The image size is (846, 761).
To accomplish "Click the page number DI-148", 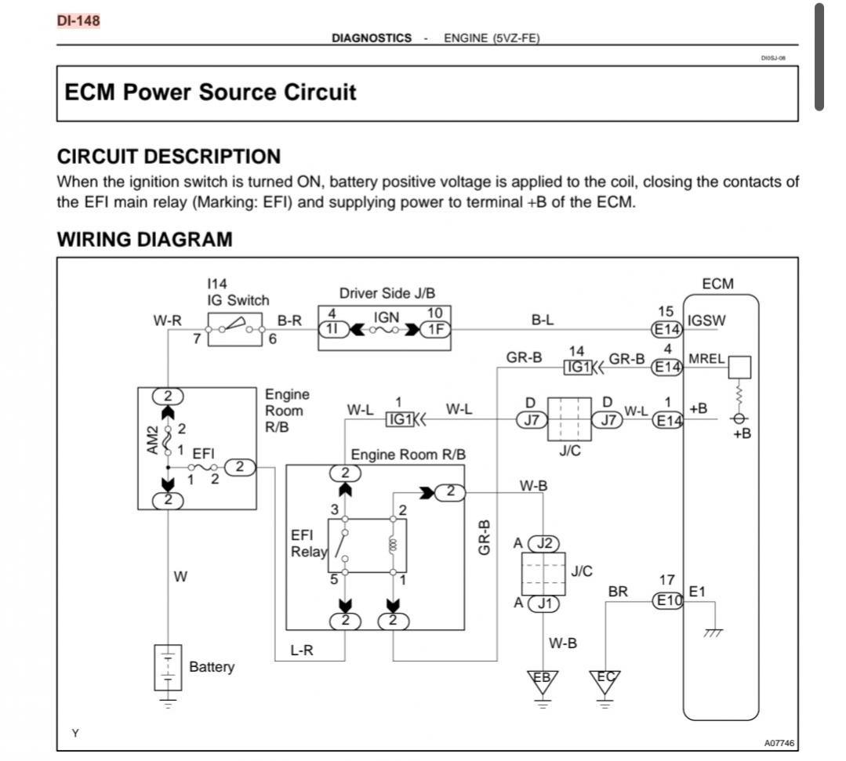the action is click(x=78, y=20).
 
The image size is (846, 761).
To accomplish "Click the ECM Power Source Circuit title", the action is click(x=210, y=92).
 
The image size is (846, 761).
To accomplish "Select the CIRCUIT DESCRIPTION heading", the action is click(x=169, y=157).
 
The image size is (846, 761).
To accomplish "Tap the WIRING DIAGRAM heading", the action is click(x=144, y=239).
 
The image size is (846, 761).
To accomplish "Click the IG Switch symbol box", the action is click(x=235, y=329).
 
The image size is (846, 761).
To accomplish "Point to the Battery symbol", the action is click(x=168, y=668).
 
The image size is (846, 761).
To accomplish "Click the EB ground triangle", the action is click(x=543, y=680).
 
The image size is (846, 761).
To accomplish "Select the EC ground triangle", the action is click(x=605, y=680).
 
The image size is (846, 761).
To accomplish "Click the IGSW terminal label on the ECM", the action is click(x=706, y=321).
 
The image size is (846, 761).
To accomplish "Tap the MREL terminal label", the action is click(x=706, y=359).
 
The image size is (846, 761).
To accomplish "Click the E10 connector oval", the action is click(x=668, y=600).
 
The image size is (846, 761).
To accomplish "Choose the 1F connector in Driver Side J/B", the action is click(x=435, y=329).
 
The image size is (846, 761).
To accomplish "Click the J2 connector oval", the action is click(x=543, y=543).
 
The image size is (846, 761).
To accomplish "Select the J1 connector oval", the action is click(x=543, y=603).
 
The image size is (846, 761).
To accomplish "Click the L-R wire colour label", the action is click(x=302, y=650).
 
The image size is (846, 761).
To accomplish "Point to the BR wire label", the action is click(x=618, y=592).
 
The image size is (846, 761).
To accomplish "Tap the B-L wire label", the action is click(x=543, y=320).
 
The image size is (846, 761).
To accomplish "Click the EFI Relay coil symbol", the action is click(x=393, y=545).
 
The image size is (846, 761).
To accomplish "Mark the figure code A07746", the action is click(x=779, y=743).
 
